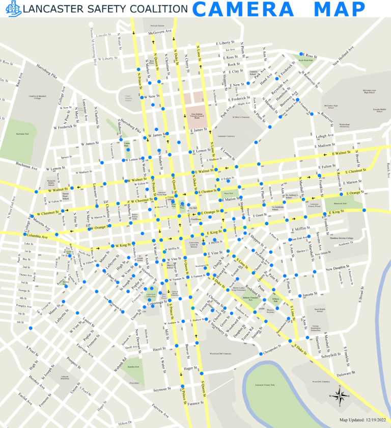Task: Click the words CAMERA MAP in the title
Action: (279, 9)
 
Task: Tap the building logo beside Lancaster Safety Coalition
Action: (16, 8)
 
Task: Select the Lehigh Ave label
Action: (324, 136)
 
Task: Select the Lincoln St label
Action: (103, 35)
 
